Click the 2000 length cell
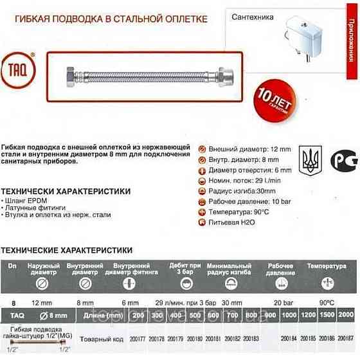coord(345,314)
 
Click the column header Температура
coord(327,265)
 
